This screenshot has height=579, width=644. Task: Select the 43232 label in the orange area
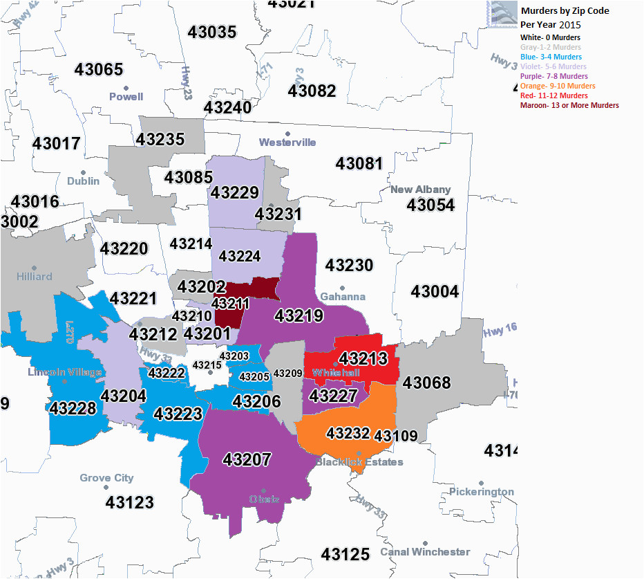348,433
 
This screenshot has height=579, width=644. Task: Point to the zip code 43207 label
247,459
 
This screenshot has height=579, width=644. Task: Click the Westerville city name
287,143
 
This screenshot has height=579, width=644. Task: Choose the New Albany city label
420,190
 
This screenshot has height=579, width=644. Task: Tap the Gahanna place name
343,297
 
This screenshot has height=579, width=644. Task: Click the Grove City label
106,478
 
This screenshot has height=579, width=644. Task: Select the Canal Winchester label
425,552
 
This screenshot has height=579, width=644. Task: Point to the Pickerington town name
482,492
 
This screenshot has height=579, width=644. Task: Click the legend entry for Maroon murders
569,105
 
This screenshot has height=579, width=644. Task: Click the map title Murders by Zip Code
565,11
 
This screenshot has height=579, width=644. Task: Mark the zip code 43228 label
73,408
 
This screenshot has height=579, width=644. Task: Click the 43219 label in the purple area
299,316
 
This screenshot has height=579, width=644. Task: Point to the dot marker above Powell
126,88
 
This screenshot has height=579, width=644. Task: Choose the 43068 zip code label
426,383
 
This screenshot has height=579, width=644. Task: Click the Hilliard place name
35,276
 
